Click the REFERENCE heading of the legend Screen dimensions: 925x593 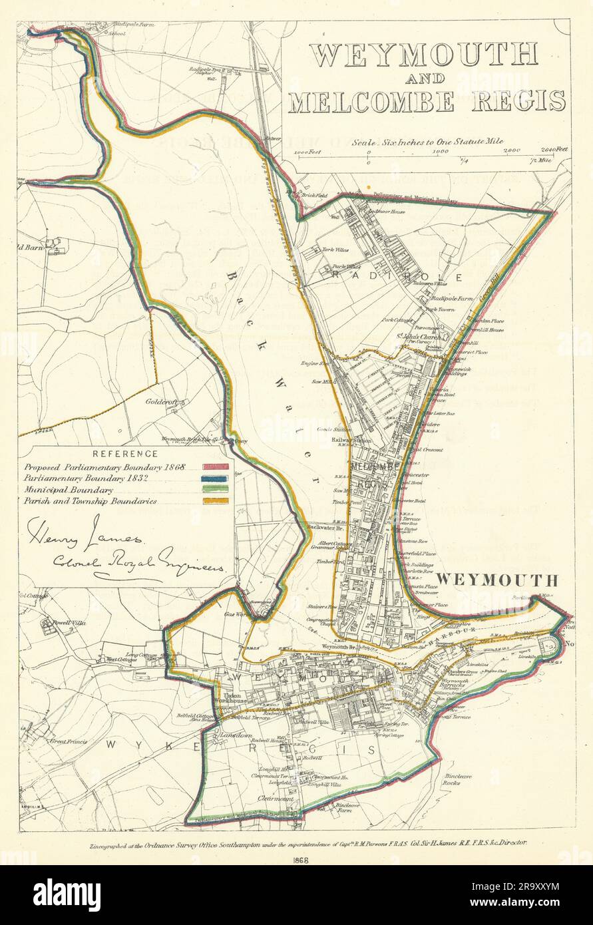click(x=126, y=454)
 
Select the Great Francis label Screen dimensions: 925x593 click(x=67, y=741)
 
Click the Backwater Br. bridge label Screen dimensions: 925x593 click(x=323, y=527)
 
